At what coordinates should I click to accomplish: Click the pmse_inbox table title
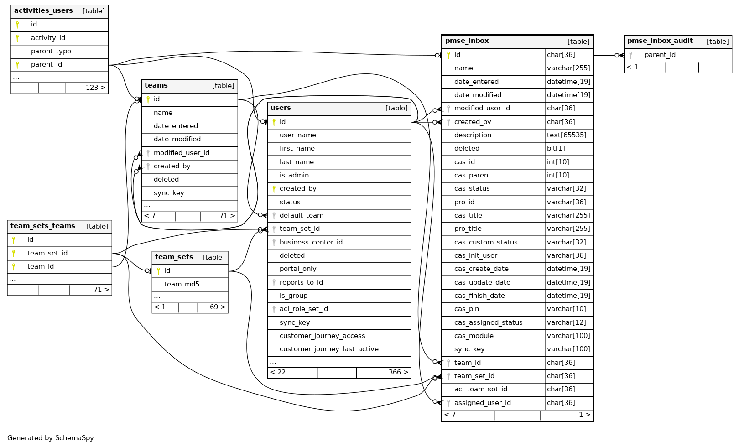coord(467,41)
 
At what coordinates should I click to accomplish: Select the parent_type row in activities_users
coord(51,51)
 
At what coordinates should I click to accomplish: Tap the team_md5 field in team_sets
coord(182,284)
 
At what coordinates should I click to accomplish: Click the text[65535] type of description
coord(567,135)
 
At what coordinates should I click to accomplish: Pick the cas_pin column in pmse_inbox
coord(466,309)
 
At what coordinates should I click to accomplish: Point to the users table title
coord(281,108)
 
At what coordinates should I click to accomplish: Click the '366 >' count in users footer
coord(398,372)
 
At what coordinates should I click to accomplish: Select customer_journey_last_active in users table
coord(329,349)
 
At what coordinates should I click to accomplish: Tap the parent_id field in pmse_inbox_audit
coord(660,55)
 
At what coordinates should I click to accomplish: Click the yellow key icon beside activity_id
coord(17,38)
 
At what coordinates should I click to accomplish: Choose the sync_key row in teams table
coord(169,193)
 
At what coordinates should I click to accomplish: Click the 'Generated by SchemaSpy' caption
coord(51,438)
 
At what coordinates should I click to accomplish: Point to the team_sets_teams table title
coord(43,226)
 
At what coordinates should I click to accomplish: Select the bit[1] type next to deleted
coord(556,148)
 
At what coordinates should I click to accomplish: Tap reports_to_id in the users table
coord(301,282)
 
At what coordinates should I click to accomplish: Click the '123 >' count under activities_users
coord(95,88)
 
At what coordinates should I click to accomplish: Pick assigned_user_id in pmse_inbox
coord(482,403)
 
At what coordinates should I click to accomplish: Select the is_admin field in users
coord(294,175)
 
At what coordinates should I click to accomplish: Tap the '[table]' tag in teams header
coord(223,86)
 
